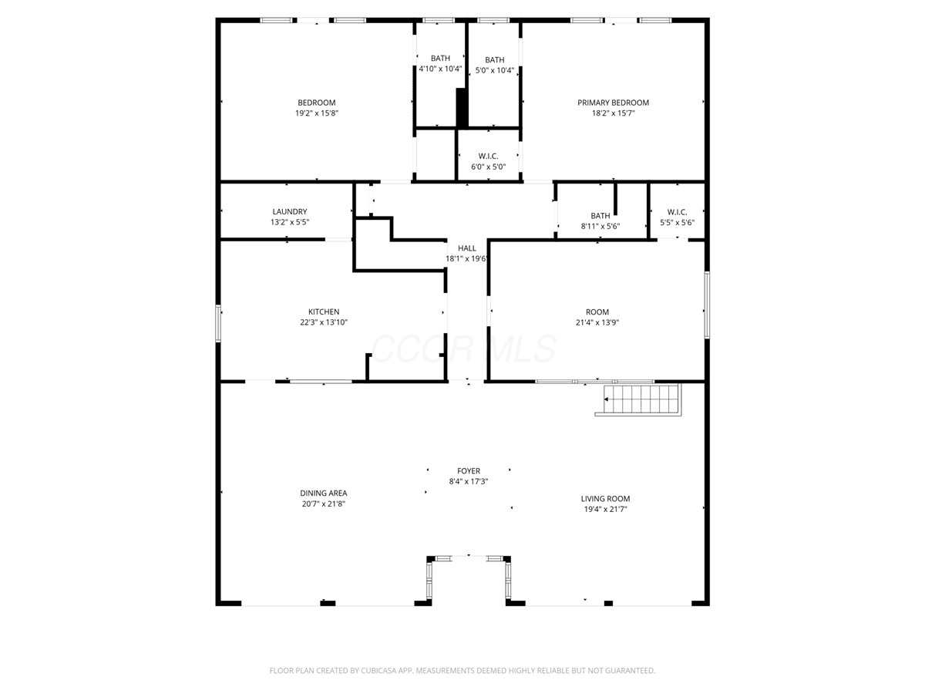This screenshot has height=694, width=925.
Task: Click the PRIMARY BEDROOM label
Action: [613, 103]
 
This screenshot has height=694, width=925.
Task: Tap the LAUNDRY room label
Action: [290, 211]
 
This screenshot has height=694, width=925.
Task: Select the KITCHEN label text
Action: [324, 312]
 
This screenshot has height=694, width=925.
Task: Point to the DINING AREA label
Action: [323, 493]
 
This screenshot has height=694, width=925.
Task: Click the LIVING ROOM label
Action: [605, 498]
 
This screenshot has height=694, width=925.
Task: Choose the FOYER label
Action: [469, 470]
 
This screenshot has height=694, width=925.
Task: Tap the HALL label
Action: [467, 248]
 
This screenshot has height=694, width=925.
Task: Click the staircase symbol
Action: [638, 399]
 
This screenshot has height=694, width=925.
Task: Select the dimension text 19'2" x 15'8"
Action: [317, 113]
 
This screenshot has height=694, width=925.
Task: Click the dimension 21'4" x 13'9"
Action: [597, 322]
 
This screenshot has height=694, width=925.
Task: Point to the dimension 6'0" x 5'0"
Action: [488, 167]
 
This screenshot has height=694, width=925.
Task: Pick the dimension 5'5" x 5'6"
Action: [677, 223]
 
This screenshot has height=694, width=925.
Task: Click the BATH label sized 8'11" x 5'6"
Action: [600, 216]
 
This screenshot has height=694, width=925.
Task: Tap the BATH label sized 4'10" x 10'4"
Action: [440, 58]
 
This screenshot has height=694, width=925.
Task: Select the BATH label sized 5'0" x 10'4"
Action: [494, 60]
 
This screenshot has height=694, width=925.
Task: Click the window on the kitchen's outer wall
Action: [218, 323]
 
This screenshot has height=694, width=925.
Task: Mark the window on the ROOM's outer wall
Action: [707, 305]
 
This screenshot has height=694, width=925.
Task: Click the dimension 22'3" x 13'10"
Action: [324, 322]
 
